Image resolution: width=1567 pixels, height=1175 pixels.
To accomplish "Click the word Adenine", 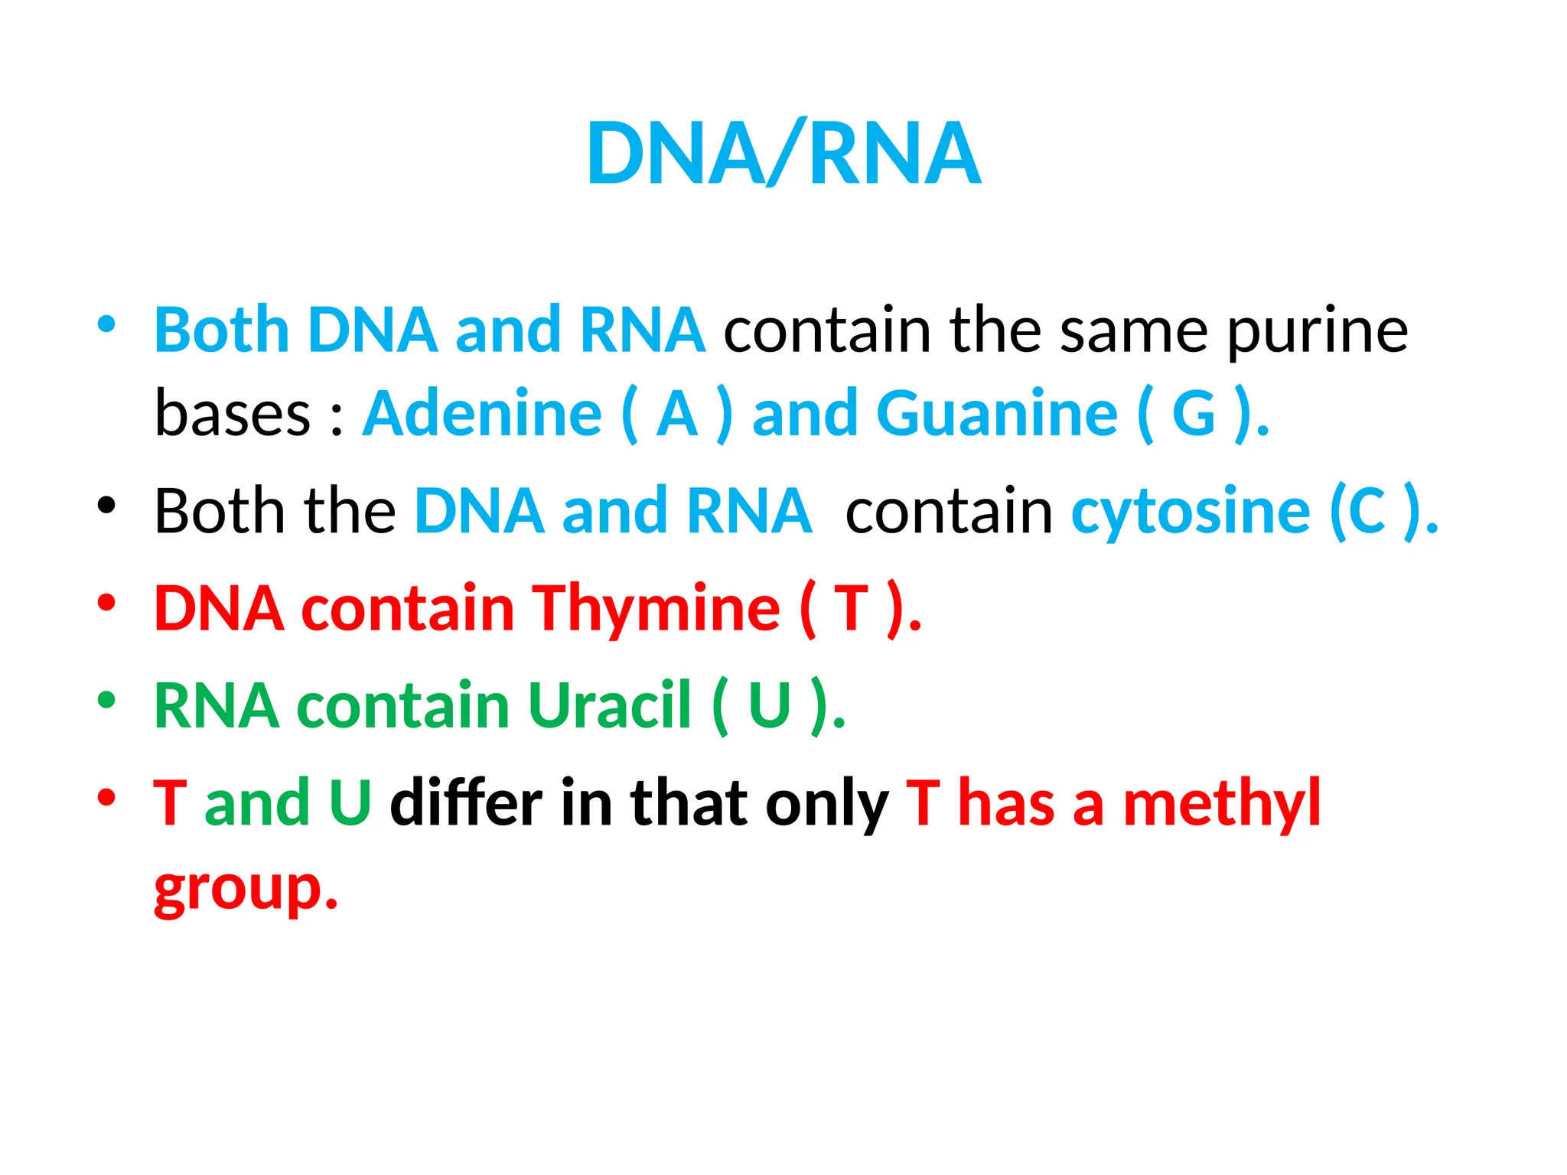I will point(482,414).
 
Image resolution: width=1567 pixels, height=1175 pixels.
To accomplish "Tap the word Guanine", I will point(996,414).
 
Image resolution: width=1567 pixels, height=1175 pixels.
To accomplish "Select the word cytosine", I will point(1190,511).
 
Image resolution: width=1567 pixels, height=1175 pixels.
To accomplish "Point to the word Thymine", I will point(656,608).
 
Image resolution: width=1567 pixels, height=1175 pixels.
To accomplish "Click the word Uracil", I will point(609,705).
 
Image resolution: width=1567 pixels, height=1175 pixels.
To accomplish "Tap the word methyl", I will point(1221,803).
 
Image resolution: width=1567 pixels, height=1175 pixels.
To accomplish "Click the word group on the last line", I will point(237,890).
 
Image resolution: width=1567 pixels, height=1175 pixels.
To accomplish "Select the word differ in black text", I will point(466,803).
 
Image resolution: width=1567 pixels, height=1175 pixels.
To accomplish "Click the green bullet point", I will point(106,699).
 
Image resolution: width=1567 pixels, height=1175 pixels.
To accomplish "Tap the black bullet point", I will point(106,505).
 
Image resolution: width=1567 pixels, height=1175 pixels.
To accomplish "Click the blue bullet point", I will point(106,324).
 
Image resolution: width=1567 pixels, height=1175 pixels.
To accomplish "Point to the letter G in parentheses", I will point(1194,414).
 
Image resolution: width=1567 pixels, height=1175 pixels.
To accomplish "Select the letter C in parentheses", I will point(1367,511).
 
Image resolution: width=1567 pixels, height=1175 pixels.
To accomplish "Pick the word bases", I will point(233,414).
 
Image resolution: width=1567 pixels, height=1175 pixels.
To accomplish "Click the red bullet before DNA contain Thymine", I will point(106,602).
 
